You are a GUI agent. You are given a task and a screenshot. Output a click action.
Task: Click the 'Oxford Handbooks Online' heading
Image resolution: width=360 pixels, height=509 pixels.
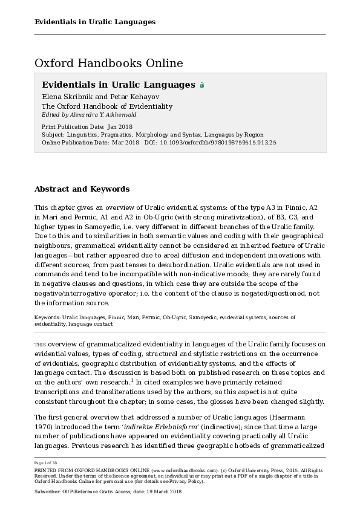pyautogui.click(x=109, y=63)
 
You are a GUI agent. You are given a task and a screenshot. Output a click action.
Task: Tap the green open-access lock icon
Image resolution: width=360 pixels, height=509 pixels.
pyautogui.click(x=202, y=85)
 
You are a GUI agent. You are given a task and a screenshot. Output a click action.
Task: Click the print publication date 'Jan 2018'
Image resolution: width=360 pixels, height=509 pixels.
pyautogui.click(x=120, y=127)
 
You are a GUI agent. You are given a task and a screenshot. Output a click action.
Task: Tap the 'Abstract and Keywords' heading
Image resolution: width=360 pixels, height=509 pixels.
pyautogui.click(x=82, y=189)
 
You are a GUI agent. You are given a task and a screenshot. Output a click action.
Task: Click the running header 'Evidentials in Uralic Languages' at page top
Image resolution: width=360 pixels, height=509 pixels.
pyautogui.click(x=95, y=22)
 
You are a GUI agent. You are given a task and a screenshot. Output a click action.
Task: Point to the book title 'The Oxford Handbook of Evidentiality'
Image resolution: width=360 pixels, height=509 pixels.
pyautogui.click(x=107, y=106)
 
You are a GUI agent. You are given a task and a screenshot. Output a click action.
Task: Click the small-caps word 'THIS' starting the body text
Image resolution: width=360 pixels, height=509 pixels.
pyautogui.click(x=40, y=345)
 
